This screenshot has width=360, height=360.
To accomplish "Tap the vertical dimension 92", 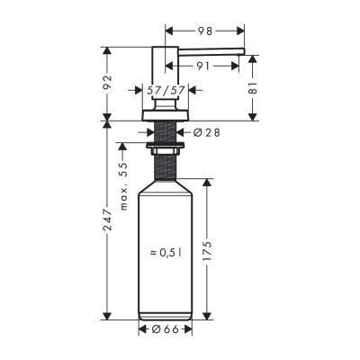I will point(109,83).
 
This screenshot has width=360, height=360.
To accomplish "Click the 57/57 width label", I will point(165,91).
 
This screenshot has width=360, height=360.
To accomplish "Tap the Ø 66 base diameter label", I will point(166,329).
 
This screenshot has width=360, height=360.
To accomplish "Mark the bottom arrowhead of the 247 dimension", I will point(109,318).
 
